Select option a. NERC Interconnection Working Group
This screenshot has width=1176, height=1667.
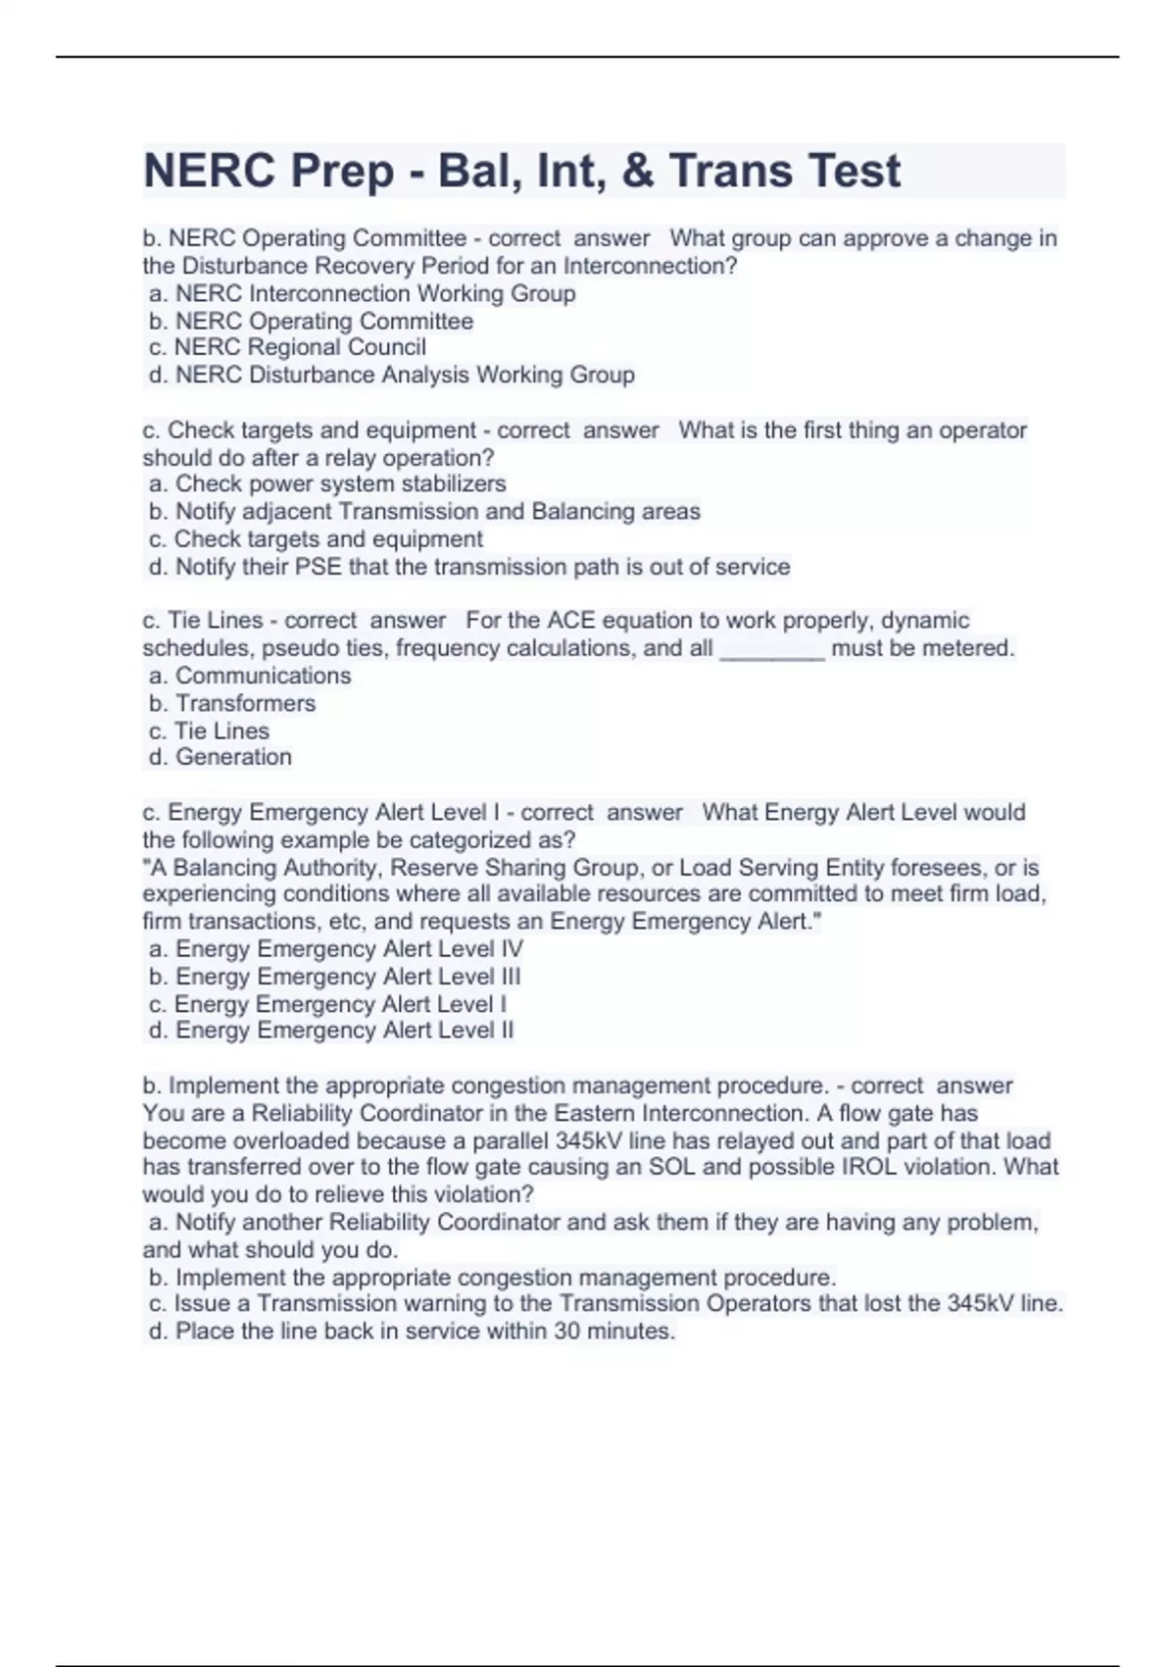(x=362, y=293)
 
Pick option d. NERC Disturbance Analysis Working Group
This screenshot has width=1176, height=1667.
(x=391, y=375)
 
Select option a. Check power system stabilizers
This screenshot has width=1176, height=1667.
(x=327, y=483)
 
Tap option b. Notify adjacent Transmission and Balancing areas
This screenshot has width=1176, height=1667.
(x=424, y=511)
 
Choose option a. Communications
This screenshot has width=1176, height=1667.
(x=250, y=676)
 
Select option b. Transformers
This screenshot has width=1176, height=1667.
(x=232, y=703)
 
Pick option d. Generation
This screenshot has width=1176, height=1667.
(x=220, y=757)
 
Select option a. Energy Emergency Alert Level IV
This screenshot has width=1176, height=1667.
(x=336, y=949)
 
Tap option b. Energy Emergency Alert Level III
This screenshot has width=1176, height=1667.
(x=334, y=977)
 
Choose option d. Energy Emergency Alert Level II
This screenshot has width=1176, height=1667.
(x=331, y=1031)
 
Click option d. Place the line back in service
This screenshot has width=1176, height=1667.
(x=412, y=1332)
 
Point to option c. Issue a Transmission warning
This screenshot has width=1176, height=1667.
(x=605, y=1304)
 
